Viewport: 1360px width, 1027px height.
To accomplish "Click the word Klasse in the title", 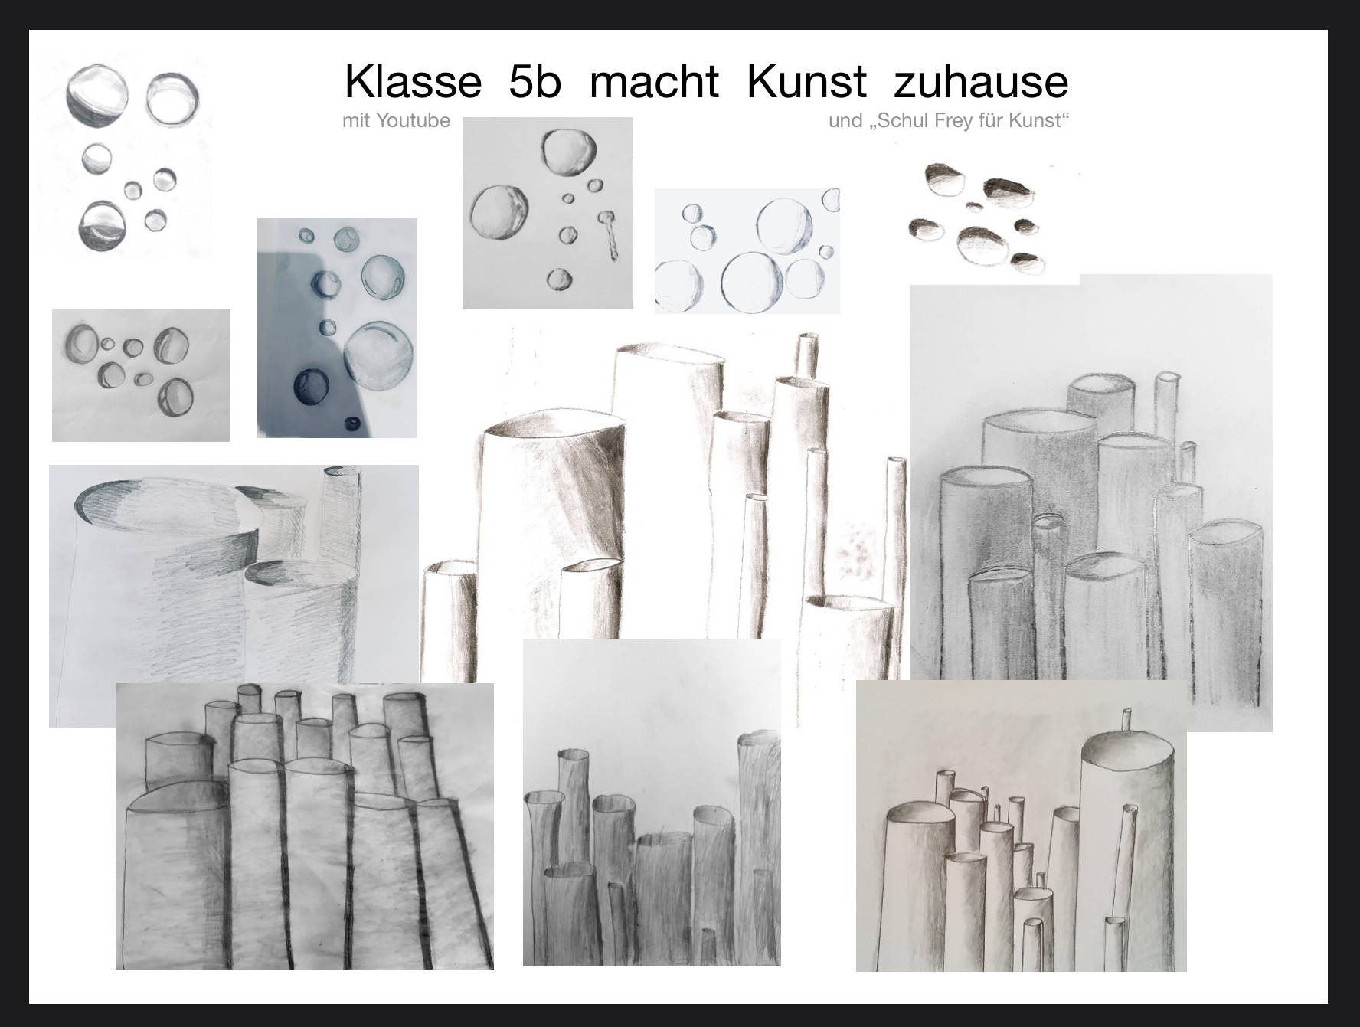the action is tap(413, 81).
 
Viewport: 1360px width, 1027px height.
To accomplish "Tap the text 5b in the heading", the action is tap(535, 81).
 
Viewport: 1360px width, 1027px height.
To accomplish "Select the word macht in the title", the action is tap(654, 81).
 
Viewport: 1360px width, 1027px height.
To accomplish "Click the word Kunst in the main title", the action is tap(806, 81).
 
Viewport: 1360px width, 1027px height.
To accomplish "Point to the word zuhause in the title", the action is tap(981, 81).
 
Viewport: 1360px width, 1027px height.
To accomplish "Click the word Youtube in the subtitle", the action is tap(413, 121).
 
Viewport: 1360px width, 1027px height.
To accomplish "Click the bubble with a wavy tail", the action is tap(610, 236).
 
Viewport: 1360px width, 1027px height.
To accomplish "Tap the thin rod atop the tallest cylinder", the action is tap(1125, 721).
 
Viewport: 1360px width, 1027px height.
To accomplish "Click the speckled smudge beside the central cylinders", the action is tap(858, 551).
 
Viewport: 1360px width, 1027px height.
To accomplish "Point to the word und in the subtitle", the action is tap(845, 121).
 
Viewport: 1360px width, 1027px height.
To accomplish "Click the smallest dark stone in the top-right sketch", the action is tap(973, 205).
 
